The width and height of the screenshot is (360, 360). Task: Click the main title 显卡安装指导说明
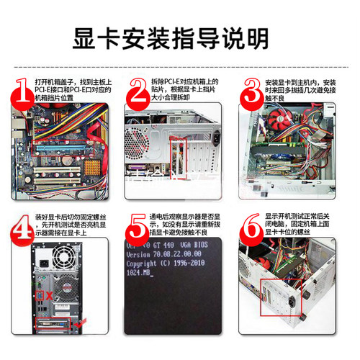click(x=179, y=34)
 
